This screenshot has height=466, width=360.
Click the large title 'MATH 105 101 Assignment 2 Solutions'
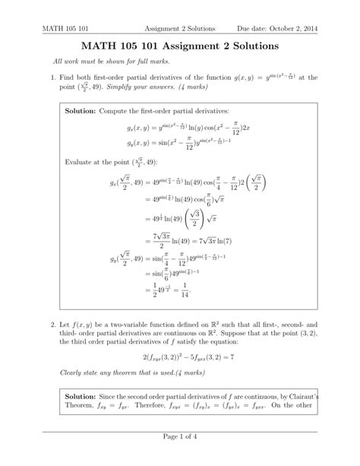[179, 47]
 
